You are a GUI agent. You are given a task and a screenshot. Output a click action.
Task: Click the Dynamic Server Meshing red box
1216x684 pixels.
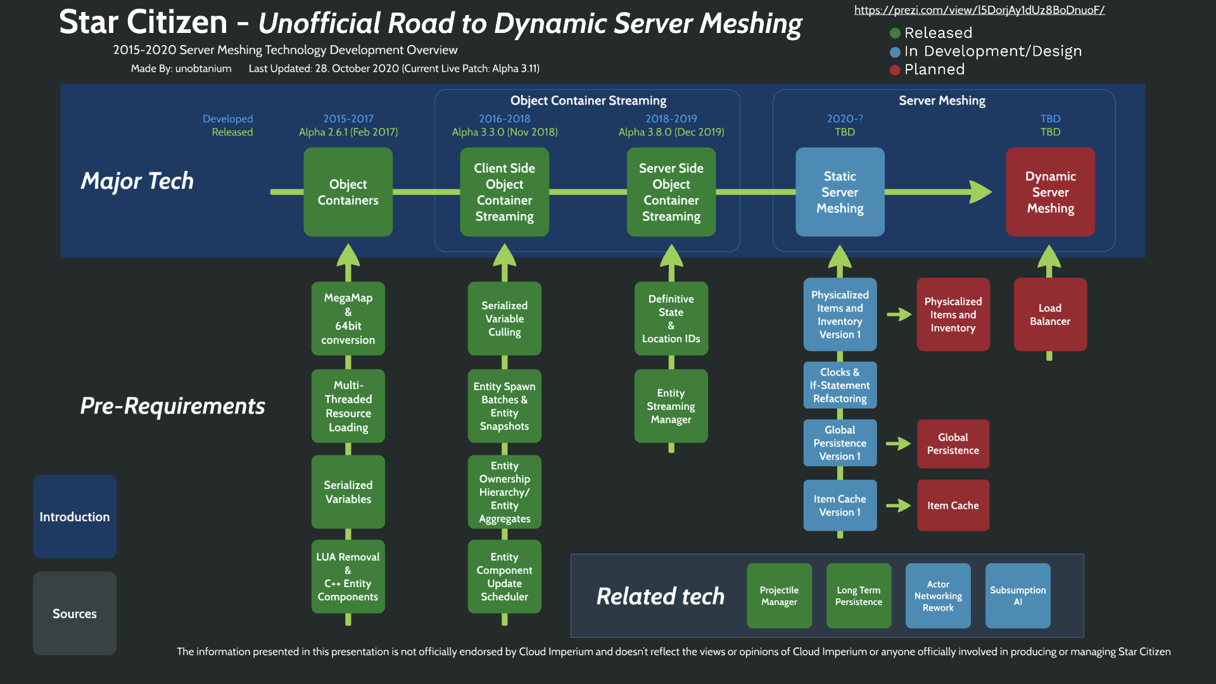1050,192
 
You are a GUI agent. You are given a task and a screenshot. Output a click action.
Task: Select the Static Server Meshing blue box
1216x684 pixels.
840,192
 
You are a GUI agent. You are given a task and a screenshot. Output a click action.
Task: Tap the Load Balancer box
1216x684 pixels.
1049,314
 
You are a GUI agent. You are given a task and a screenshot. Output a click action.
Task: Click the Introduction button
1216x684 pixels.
75,516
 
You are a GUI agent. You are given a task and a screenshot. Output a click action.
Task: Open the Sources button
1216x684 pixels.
75,613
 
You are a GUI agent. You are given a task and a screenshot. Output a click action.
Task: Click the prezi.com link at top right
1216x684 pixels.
979,10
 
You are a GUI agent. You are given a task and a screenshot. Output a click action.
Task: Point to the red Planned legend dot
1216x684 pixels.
895,70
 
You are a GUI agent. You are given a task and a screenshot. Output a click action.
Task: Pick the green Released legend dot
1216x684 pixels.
895,33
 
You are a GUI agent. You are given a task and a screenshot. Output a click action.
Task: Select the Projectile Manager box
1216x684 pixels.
779,595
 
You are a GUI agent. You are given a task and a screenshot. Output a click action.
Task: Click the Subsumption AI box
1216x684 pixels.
1018,595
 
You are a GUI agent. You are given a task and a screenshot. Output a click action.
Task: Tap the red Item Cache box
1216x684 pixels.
953,505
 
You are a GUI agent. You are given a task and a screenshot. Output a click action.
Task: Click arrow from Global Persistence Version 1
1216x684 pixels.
898,444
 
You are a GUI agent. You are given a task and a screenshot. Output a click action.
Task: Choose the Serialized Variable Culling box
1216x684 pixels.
504,318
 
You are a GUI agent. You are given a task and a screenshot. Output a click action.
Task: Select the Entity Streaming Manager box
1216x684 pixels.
671,406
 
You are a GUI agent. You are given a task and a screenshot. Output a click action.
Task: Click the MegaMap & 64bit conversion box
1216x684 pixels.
348,318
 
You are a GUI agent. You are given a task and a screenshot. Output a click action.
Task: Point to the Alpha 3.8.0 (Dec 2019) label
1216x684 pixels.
671,132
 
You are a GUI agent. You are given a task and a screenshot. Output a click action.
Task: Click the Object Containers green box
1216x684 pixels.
348,192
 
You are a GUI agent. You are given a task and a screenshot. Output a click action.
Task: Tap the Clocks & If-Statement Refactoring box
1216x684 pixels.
840,385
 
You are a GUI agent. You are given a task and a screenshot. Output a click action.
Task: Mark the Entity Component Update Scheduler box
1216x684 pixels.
504,576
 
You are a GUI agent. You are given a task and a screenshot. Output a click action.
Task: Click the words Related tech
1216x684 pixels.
660,596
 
